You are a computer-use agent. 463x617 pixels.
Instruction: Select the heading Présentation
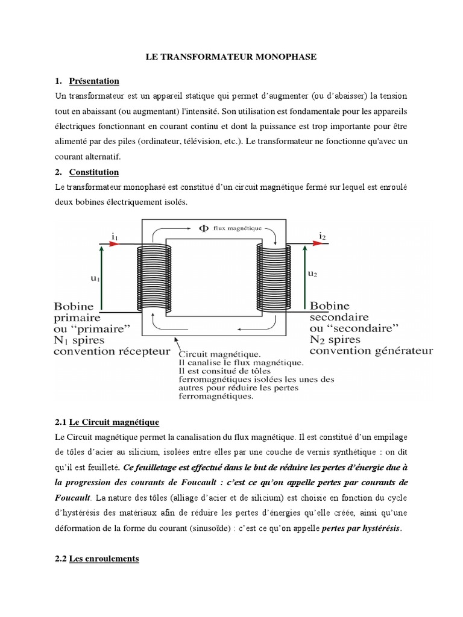click(x=94, y=81)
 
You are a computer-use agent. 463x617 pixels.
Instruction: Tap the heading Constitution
click(x=95, y=172)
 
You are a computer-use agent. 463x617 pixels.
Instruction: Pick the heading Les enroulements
click(x=104, y=559)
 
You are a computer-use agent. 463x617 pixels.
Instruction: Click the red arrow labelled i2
click(x=320, y=245)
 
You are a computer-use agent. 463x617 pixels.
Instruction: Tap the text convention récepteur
click(x=112, y=351)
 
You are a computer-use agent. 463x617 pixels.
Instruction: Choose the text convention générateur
click(x=370, y=350)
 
